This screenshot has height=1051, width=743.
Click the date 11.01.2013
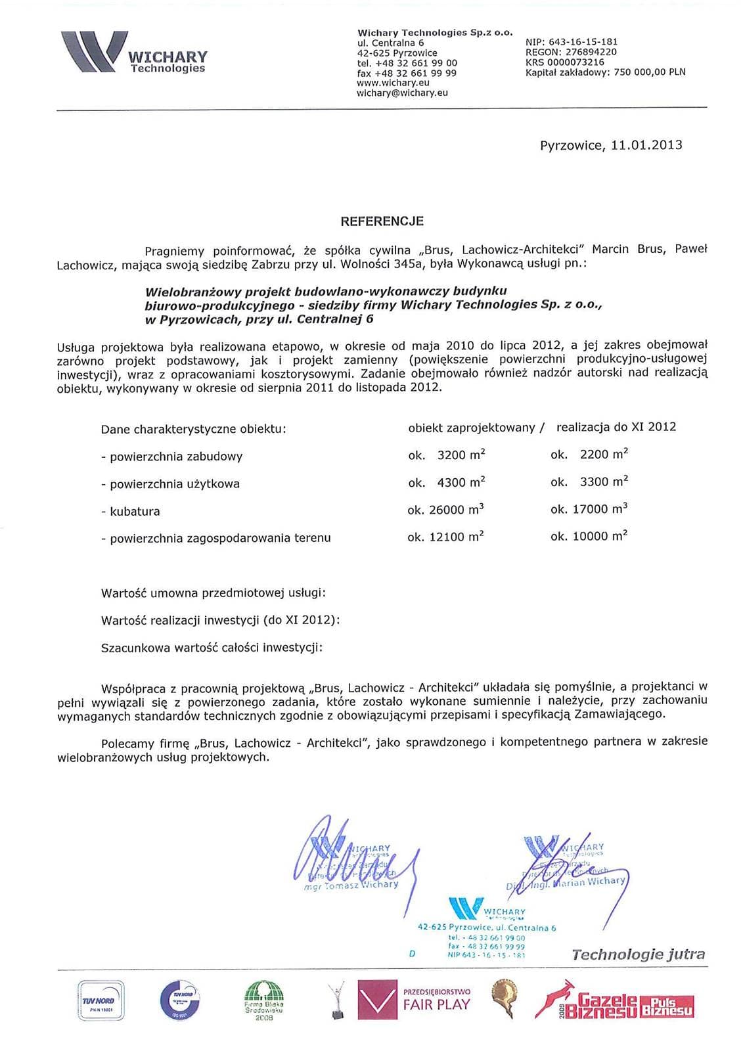[646, 145]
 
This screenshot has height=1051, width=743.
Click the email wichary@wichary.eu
[402, 93]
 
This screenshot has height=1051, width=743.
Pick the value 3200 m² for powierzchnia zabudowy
[461, 455]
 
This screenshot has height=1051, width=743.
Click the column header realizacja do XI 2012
[616, 427]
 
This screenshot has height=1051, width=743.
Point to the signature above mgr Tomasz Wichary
[355, 854]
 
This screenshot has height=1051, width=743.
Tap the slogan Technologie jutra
[638, 954]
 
